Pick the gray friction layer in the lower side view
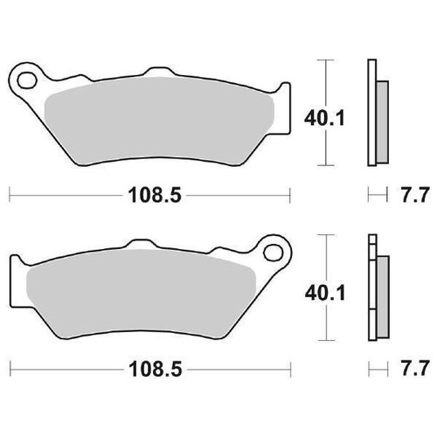point(383,297)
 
